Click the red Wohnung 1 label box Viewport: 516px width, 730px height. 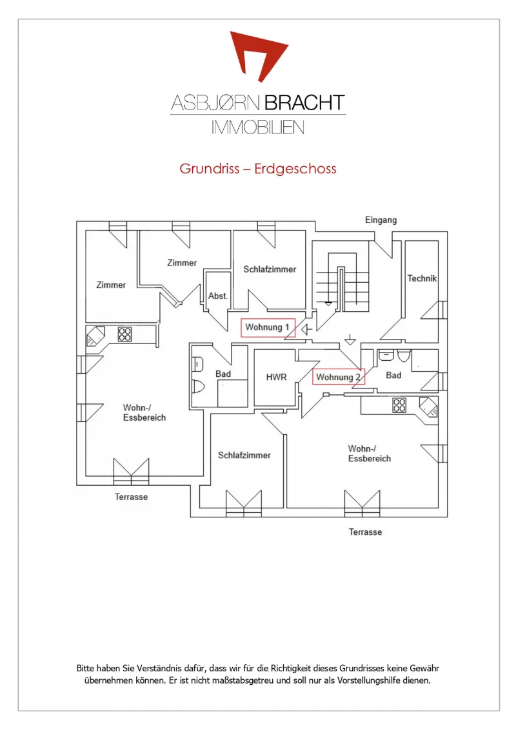click(268, 327)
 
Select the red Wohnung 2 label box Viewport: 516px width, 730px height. click(339, 377)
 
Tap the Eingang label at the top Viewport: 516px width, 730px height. click(381, 220)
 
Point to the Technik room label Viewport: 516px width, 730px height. click(422, 278)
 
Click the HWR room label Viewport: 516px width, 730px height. click(277, 377)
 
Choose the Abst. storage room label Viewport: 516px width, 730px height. click(217, 296)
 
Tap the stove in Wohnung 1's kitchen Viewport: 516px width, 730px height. click(124, 334)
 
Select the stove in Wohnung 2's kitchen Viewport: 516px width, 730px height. click(399, 405)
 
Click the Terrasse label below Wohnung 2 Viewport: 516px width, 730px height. click(366, 532)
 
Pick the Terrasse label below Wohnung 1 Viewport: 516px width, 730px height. click(131, 497)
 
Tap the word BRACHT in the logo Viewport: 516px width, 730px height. click(305, 103)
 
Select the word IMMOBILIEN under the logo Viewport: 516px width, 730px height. click(258, 128)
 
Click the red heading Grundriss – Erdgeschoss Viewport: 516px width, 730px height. click(258, 169)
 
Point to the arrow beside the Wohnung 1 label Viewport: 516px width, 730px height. click(306, 330)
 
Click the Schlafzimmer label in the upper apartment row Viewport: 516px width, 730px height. click(270, 269)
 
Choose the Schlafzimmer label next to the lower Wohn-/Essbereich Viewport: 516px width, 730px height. click(244, 456)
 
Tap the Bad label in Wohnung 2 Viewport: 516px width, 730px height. click(393, 375)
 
